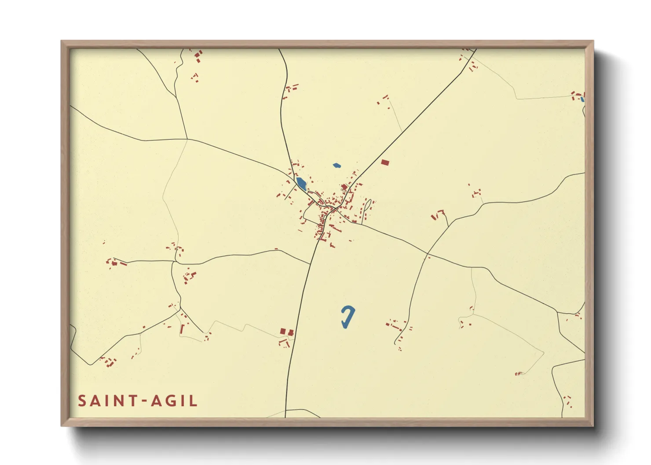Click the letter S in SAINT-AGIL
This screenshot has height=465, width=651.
coord(82,401)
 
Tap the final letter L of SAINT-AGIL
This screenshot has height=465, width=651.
coord(194,401)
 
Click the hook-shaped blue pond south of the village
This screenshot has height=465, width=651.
coord(348,316)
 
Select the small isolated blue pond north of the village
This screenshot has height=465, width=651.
coord(336,166)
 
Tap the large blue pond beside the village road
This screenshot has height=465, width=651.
coord(301,183)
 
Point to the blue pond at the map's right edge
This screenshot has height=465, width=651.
coord(582,99)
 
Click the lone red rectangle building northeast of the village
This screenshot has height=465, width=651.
coord(385,163)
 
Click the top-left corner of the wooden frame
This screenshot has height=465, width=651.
coord(62,41)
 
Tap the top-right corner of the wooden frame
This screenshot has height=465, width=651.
coord(593,41)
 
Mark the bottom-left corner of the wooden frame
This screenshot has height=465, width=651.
coord(62,425)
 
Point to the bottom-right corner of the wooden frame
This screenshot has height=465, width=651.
coord(593,425)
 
